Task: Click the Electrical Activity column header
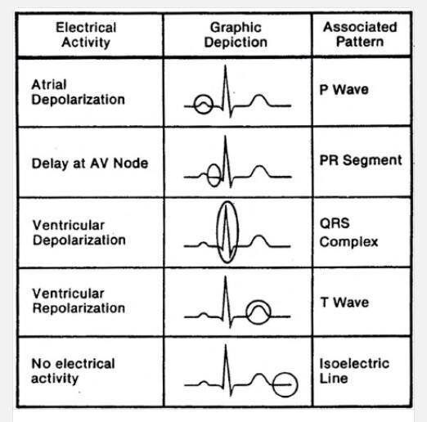point(86,35)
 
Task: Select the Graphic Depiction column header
point(236,35)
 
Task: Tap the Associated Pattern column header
point(360,34)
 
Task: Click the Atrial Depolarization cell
point(78,92)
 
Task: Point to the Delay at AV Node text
point(90,164)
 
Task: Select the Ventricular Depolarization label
point(79,232)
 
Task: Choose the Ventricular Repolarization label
point(79,301)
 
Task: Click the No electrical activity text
point(73,370)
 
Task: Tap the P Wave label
point(344,89)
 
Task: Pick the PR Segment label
point(361,160)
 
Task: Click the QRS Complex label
point(348,232)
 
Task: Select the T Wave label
point(344,303)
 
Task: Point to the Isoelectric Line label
point(354,370)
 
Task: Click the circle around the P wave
point(194,105)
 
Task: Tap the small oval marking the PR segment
point(208,176)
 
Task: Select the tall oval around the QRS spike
point(218,232)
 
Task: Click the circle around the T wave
point(246,312)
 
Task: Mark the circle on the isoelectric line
point(273,384)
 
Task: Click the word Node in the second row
point(131,164)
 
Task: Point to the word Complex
point(348,242)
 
